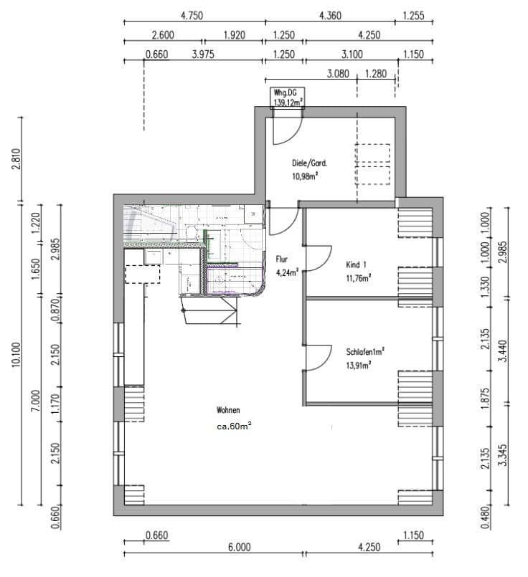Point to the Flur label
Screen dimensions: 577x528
[282, 259]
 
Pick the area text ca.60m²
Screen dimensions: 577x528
[234, 425]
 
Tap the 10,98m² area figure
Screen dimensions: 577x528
[305, 175]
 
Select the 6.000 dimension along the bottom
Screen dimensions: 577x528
[240, 548]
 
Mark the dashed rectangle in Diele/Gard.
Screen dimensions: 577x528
[372, 163]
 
